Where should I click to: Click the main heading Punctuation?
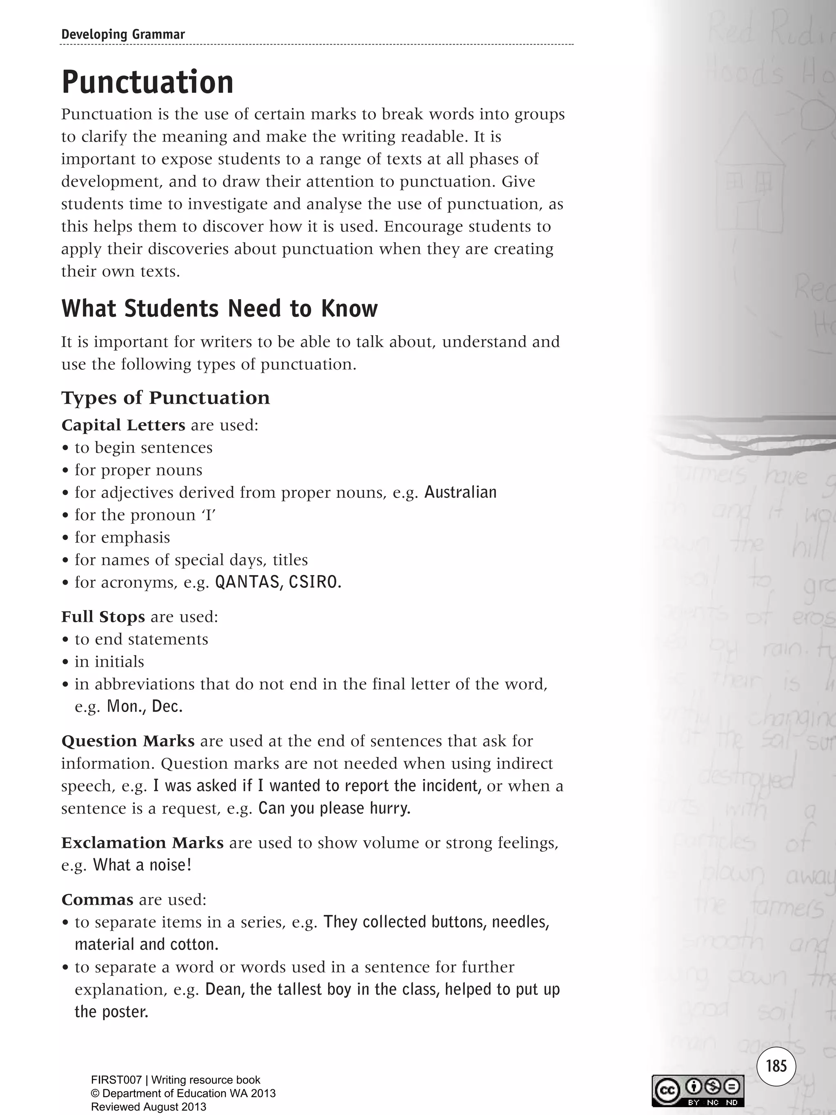tap(147, 82)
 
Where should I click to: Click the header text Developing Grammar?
tap(123, 34)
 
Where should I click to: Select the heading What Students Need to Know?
tap(219, 309)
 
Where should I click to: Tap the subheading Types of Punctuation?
tap(165, 397)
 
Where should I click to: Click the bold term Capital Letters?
tap(123, 425)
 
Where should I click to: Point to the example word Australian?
tap(460, 492)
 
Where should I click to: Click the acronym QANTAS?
tap(247, 582)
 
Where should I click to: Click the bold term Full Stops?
tap(103, 616)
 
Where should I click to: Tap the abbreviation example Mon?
tap(123, 706)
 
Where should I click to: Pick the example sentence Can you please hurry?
tap(334, 808)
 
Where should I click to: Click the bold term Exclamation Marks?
tap(142, 843)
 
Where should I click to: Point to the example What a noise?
tap(142, 865)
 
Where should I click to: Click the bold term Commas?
tap(97, 900)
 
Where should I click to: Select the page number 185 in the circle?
tap(776, 1066)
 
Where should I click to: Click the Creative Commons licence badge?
tap(698, 1091)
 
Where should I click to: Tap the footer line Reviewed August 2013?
tap(148, 1107)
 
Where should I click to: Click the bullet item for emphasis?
tap(122, 537)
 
